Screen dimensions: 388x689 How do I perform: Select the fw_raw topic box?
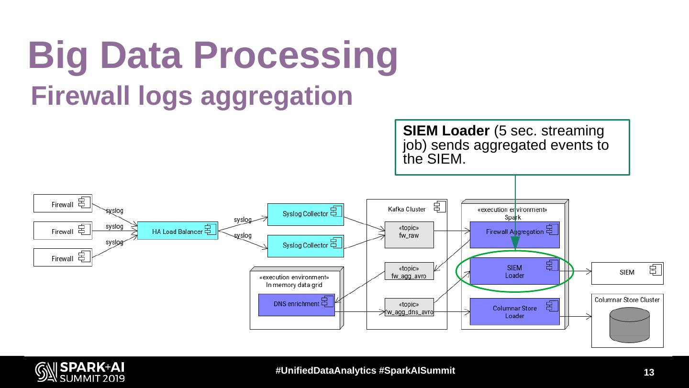(x=409, y=234)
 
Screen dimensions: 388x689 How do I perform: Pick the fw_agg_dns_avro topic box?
(x=409, y=308)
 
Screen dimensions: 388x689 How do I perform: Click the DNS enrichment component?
(x=297, y=305)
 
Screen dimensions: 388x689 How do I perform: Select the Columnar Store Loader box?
(x=514, y=312)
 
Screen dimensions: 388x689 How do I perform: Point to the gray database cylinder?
(x=630, y=325)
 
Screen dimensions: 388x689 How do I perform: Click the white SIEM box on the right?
(x=627, y=273)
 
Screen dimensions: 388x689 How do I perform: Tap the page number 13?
(x=649, y=373)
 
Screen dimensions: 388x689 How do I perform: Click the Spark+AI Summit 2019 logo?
(x=80, y=372)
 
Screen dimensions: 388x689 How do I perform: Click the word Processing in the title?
(x=297, y=55)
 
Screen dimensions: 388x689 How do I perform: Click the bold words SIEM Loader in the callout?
(x=446, y=131)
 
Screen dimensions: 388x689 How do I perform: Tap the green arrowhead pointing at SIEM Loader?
(x=515, y=243)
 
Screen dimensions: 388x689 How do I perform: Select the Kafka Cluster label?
(x=407, y=209)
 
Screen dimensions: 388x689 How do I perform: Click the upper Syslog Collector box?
(x=305, y=214)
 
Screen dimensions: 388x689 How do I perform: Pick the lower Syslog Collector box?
(x=305, y=246)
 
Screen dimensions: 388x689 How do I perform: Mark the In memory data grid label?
(x=294, y=285)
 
